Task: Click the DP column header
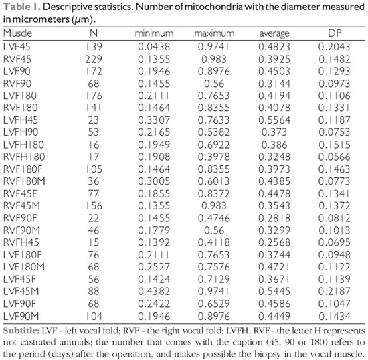click(x=335, y=33)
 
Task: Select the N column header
click(x=94, y=33)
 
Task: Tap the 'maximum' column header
click(x=214, y=33)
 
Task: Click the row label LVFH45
click(x=21, y=120)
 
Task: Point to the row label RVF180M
click(x=24, y=181)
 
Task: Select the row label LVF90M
click(x=21, y=316)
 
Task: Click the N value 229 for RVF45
click(x=94, y=59)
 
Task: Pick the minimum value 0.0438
click(x=154, y=46)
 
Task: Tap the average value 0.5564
click(x=274, y=120)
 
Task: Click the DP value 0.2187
click(x=334, y=292)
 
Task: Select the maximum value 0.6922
click(x=214, y=145)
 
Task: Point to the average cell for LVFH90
click(x=274, y=132)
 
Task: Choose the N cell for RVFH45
click(x=94, y=242)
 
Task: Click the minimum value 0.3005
click(x=154, y=181)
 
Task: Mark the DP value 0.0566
click(x=334, y=157)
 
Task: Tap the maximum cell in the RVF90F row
click(x=214, y=218)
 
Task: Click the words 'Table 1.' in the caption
click(x=22, y=7)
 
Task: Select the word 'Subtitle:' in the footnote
click(x=21, y=331)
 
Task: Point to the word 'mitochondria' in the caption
click(x=213, y=7)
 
